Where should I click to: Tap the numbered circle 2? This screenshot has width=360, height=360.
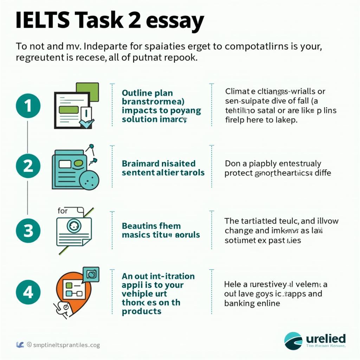(28, 166)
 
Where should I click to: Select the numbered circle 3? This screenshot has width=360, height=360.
(28, 231)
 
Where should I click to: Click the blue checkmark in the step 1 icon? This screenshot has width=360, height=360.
(86, 123)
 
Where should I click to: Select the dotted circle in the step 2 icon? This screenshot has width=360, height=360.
(89, 179)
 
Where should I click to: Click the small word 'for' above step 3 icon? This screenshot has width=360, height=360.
(63, 211)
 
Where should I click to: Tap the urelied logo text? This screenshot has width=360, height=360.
(326, 339)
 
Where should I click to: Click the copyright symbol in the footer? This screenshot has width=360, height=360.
(30, 345)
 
